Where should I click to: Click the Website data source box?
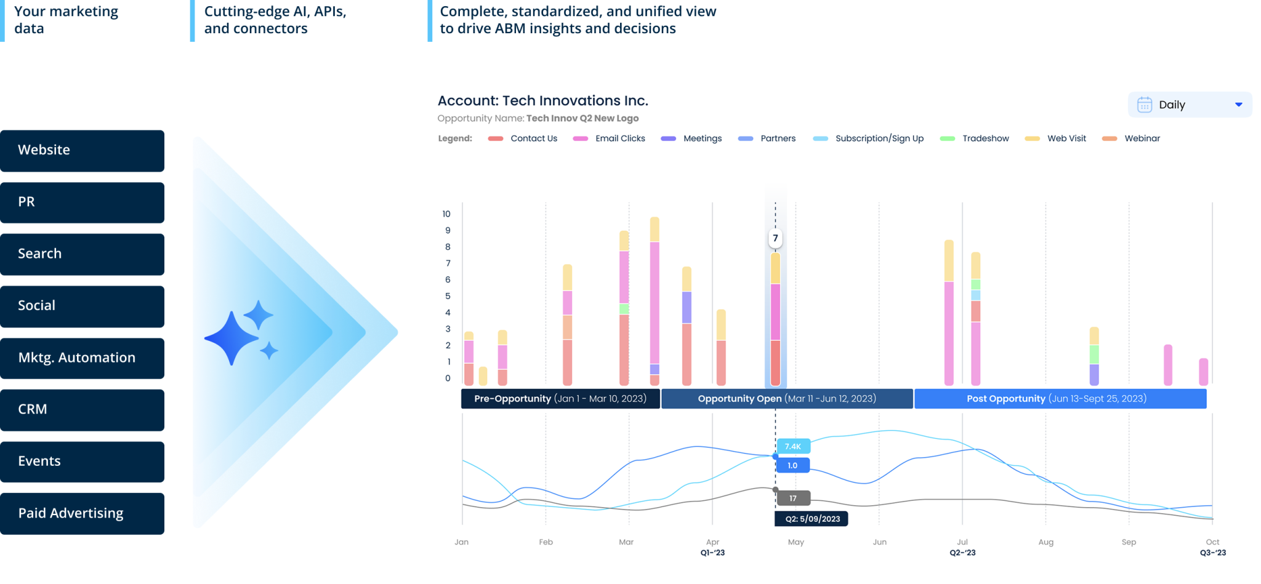pyautogui.click(x=82, y=150)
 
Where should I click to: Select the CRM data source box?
pyautogui.click(x=82, y=410)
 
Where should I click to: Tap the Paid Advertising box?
pyautogui.click(x=82, y=513)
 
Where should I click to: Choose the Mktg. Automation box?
pyautogui.click(x=82, y=358)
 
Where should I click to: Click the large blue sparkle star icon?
pyautogui.click(x=232, y=338)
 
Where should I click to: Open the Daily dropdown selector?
pyautogui.click(x=1189, y=105)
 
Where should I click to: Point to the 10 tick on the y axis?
pyautogui.click(x=446, y=214)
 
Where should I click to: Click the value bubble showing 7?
pyautogui.click(x=775, y=238)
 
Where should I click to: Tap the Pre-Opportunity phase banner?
pyautogui.click(x=560, y=399)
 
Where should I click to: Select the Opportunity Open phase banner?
pyautogui.click(x=786, y=399)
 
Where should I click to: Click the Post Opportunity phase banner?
pyautogui.click(x=1060, y=399)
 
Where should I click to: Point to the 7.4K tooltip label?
pyautogui.click(x=792, y=446)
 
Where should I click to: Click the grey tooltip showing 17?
pyautogui.click(x=792, y=498)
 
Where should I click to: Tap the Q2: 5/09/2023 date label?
pyautogui.click(x=812, y=519)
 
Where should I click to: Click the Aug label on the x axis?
pyautogui.click(x=1045, y=542)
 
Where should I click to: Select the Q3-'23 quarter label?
pyautogui.click(x=1212, y=553)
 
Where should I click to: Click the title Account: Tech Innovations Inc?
pyautogui.click(x=542, y=101)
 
